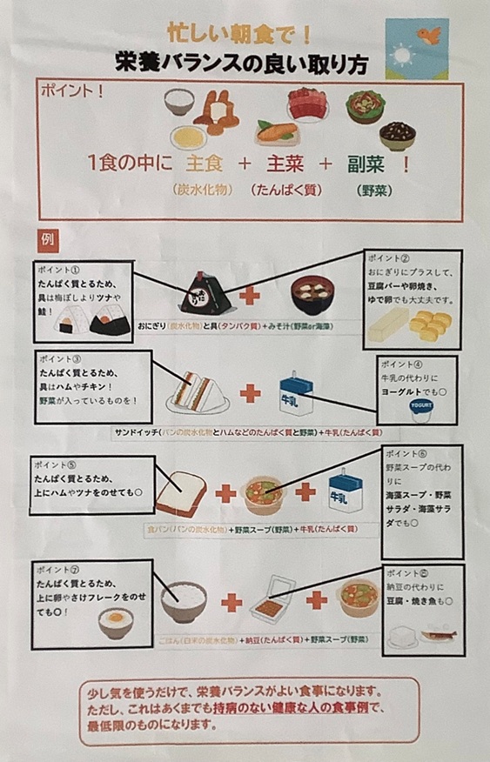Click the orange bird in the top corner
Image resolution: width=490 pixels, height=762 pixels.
pos(430,36)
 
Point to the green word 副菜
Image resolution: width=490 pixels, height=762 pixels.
pos(367,164)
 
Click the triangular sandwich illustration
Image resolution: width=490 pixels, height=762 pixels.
pos(197,390)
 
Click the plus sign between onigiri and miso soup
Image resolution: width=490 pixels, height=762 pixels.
pos(251,295)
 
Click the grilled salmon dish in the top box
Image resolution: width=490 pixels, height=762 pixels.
pos(276,132)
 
